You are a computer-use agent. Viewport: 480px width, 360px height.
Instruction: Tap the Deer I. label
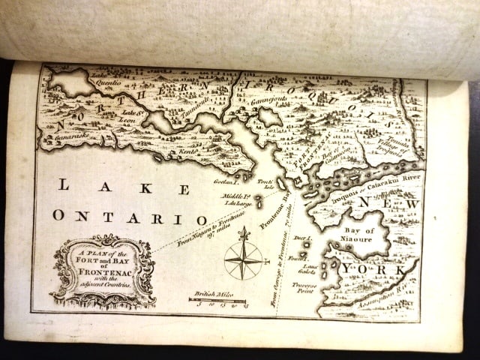tap(301, 239)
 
